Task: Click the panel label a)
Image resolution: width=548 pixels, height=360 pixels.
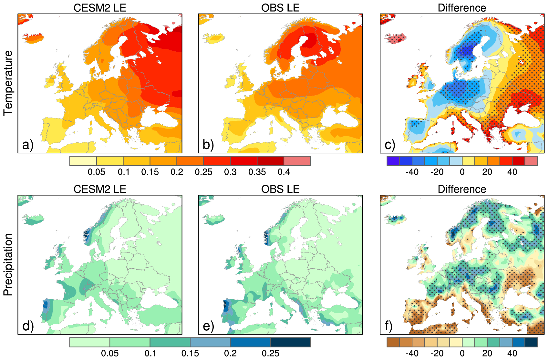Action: [x=28, y=145]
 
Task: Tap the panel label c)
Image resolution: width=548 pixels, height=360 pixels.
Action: [x=390, y=145]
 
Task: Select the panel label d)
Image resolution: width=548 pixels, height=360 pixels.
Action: [x=28, y=326]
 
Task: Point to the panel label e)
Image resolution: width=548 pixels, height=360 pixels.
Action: [x=208, y=326]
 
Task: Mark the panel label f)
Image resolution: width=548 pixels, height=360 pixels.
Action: [x=389, y=326]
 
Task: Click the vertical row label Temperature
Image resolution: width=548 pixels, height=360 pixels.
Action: [x=8, y=83]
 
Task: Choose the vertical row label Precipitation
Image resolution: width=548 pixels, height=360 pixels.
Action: [x=8, y=264]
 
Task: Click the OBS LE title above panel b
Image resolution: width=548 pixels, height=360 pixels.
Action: [x=280, y=8]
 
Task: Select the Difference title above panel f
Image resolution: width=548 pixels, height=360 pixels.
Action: [x=462, y=189]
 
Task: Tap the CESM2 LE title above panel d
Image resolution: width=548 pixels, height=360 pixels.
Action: [x=100, y=189]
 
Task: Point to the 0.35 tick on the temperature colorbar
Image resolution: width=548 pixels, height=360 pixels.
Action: [x=257, y=172]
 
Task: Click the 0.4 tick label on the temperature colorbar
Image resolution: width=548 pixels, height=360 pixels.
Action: [x=284, y=172]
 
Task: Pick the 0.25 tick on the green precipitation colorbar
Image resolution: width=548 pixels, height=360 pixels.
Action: [x=270, y=353]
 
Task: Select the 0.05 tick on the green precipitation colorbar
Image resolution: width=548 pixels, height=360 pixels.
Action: [x=110, y=353]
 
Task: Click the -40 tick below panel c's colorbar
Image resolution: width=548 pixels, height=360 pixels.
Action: [x=412, y=172]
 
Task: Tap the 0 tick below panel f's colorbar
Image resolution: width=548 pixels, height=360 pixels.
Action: [x=462, y=353]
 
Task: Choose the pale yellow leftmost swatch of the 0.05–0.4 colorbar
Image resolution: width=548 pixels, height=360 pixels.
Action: [x=83, y=161]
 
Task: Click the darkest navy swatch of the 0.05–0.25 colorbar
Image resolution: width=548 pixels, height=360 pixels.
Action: [x=290, y=342]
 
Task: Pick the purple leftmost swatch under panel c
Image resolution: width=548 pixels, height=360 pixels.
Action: [x=393, y=161]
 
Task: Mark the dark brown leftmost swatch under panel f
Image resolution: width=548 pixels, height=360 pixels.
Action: [x=393, y=342]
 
